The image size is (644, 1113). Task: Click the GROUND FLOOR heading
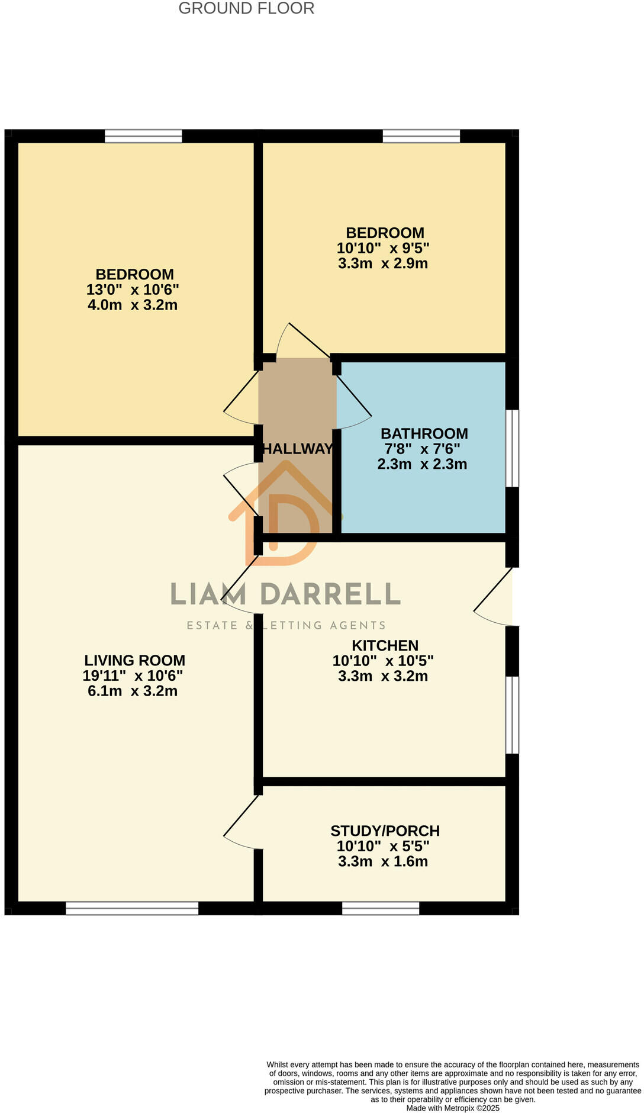coord(246,9)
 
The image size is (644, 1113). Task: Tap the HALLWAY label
coord(297,449)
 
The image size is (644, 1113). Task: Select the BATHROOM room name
coord(424,434)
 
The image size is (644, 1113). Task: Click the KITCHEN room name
coord(385,646)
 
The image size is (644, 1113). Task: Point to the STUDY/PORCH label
coord(385,831)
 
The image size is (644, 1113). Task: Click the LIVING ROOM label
coord(134,661)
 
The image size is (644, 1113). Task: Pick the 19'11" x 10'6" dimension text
coord(133,676)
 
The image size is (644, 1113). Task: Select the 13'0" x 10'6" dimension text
coord(133,290)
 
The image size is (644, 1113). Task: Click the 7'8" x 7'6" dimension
coord(422,449)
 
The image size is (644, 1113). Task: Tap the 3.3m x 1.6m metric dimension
coord(383,862)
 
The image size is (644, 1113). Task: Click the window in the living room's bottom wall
coord(132,908)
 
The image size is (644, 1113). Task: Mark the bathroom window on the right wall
coord(513,448)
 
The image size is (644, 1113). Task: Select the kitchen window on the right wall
coord(513,715)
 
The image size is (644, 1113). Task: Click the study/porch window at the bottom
coord(381,908)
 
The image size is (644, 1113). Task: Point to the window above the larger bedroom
coord(143,136)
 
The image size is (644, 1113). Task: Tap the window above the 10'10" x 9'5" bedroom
coord(421,136)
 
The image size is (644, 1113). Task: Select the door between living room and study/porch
coord(243,822)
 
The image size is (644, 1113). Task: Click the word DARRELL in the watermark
coord(331,594)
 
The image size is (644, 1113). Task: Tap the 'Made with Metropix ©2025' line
coord(453,1108)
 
